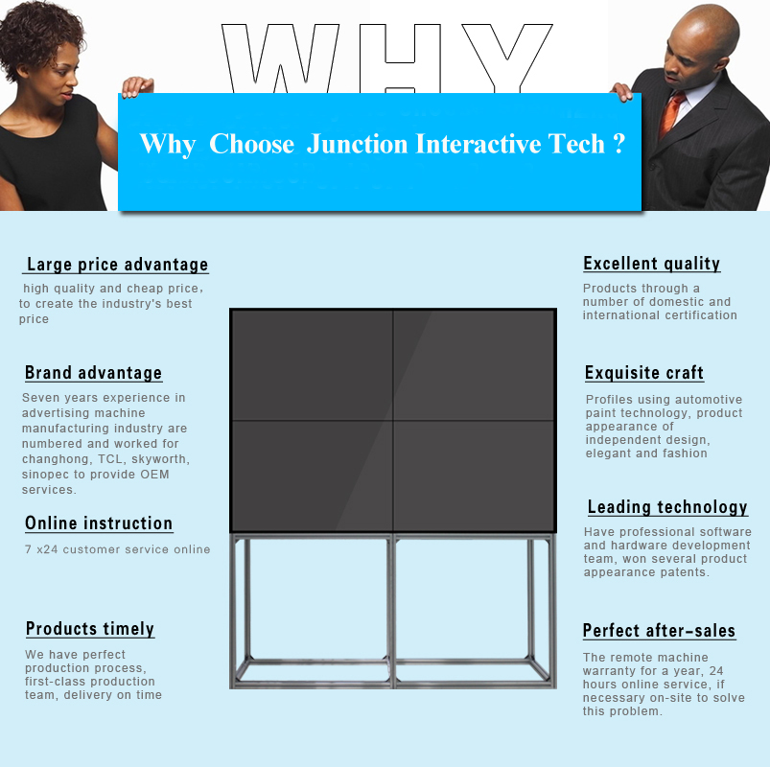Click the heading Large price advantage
[117, 265]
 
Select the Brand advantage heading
[93, 373]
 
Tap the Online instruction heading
[99, 523]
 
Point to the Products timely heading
[90, 629]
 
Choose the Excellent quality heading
[652, 264]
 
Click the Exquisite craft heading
[644, 373]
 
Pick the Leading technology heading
[667, 507]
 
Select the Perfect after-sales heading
[659, 631]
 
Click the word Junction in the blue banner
[358, 145]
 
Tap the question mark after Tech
[618, 144]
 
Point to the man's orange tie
[671, 115]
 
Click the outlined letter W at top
[280, 58]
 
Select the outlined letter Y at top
[507, 58]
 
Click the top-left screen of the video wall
[313, 365]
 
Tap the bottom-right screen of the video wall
[474, 476]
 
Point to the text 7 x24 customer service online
[117, 549]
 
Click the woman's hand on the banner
[137, 87]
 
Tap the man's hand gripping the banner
[621, 91]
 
